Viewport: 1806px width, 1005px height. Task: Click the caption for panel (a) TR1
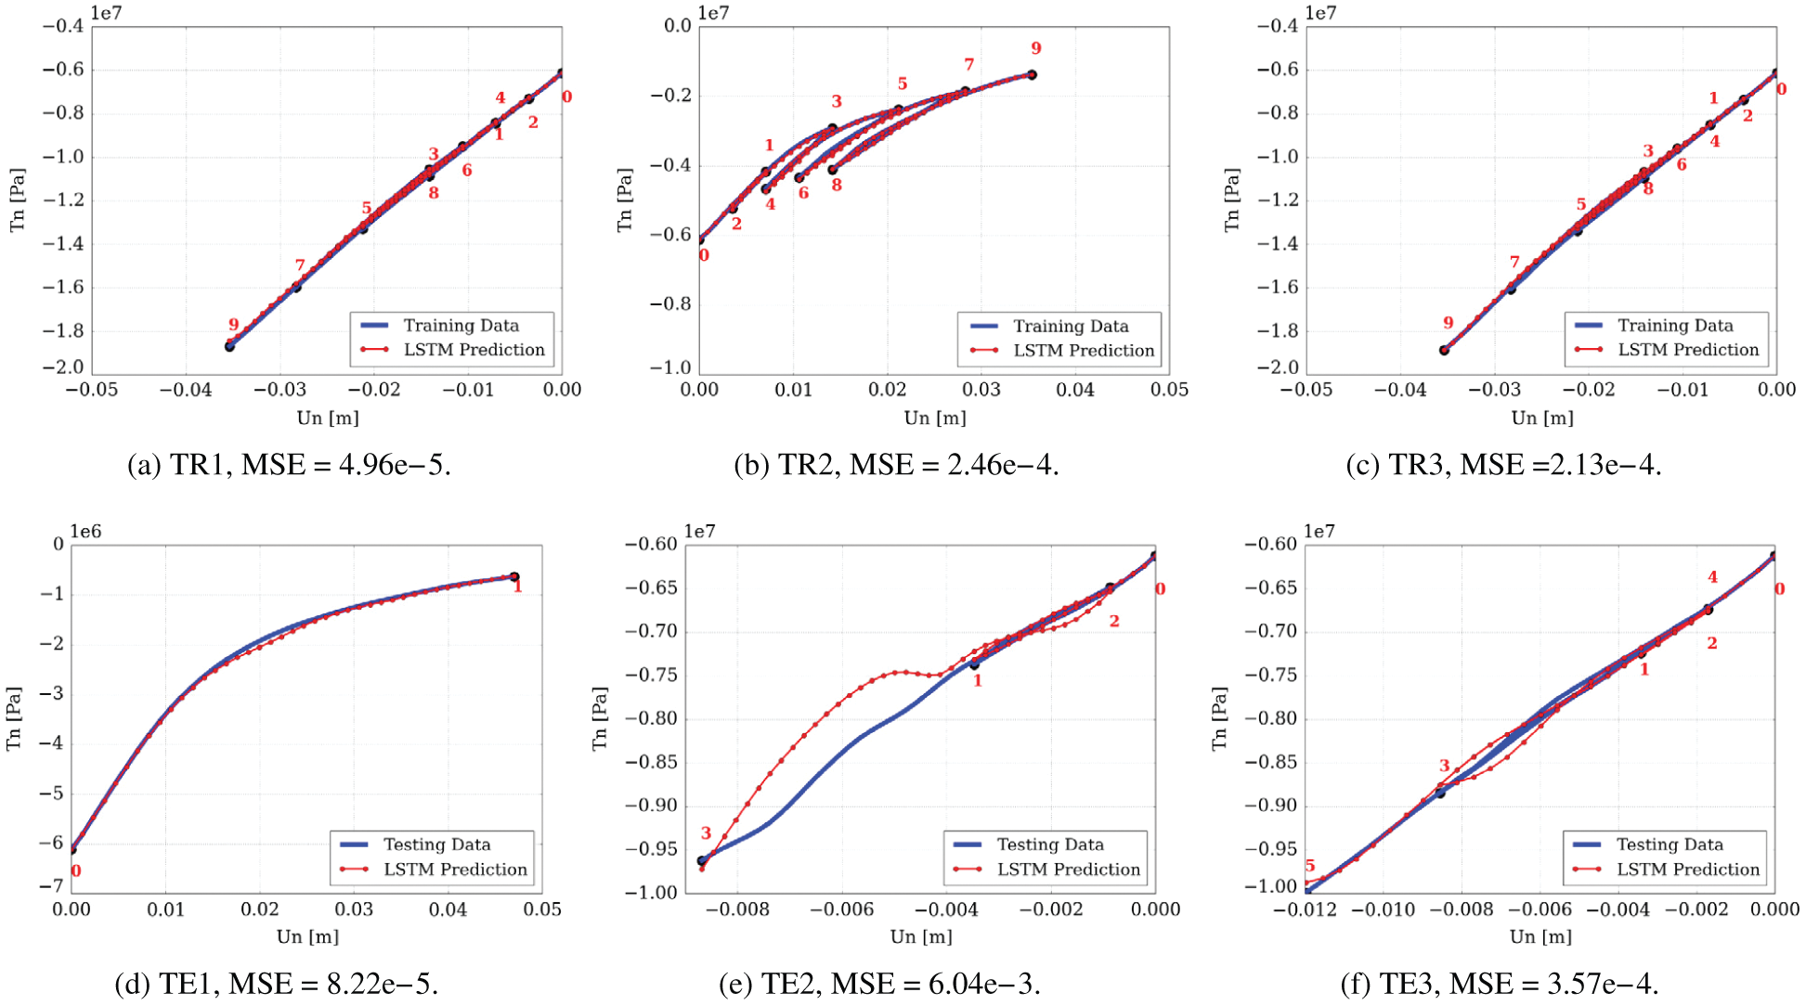point(289,464)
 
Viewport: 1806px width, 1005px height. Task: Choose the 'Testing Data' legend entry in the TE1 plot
point(436,844)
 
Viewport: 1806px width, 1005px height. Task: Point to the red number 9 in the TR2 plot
point(1036,48)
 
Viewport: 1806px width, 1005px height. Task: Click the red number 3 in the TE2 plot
point(706,833)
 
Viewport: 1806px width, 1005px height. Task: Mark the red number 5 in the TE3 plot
point(1310,866)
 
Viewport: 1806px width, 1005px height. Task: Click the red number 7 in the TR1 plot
point(300,265)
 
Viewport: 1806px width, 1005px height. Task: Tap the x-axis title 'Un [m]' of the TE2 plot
point(921,936)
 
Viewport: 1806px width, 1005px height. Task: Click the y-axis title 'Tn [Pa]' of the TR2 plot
point(625,200)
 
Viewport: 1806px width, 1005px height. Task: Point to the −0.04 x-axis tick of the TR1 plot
point(186,390)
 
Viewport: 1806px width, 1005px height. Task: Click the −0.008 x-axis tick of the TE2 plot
point(737,909)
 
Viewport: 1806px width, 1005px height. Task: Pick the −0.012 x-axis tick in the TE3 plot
point(1305,909)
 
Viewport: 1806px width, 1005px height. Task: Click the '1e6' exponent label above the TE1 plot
point(85,532)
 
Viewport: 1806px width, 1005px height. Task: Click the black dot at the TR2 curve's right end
point(1032,75)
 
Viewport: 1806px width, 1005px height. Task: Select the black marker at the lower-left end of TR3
point(1445,350)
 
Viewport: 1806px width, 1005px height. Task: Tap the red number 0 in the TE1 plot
point(76,870)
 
